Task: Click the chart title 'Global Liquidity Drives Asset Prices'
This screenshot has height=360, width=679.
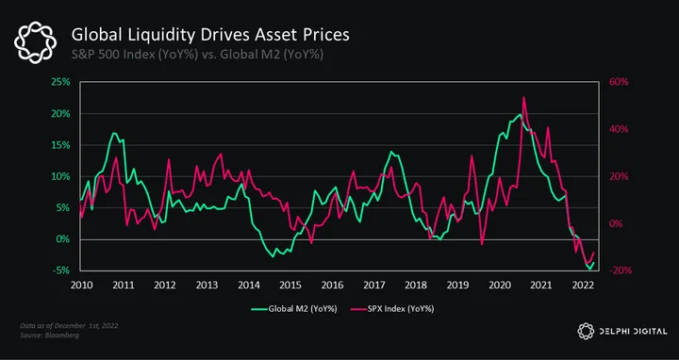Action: coord(210,35)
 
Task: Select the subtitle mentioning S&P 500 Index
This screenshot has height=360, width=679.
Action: coord(197,55)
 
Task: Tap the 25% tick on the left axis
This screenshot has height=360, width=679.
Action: coord(61,82)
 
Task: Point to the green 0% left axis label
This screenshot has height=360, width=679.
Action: coord(63,239)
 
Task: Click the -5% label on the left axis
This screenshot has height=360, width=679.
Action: coord(62,270)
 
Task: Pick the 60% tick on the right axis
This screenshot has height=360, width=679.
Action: coord(619,82)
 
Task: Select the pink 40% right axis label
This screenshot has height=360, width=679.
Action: coord(619,129)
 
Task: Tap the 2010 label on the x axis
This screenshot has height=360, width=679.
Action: coord(81,286)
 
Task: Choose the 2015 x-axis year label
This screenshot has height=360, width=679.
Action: coord(290,286)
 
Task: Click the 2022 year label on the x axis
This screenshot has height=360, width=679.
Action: coord(583,286)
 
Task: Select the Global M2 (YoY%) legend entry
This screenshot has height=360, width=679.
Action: coord(294,309)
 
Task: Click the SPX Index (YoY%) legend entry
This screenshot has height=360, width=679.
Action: coord(392,309)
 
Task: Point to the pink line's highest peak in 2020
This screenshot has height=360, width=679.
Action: coord(523,97)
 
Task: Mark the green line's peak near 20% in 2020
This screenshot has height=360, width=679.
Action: coord(520,114)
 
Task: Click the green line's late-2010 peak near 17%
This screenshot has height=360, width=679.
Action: coord(113,133)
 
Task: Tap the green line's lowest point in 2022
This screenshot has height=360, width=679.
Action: coord(589,270)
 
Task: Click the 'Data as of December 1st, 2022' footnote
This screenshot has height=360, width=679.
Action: coord(69,326)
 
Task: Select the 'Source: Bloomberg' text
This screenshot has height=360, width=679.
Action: coord(49,335)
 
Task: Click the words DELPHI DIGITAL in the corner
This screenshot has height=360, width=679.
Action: coord(633,332)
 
